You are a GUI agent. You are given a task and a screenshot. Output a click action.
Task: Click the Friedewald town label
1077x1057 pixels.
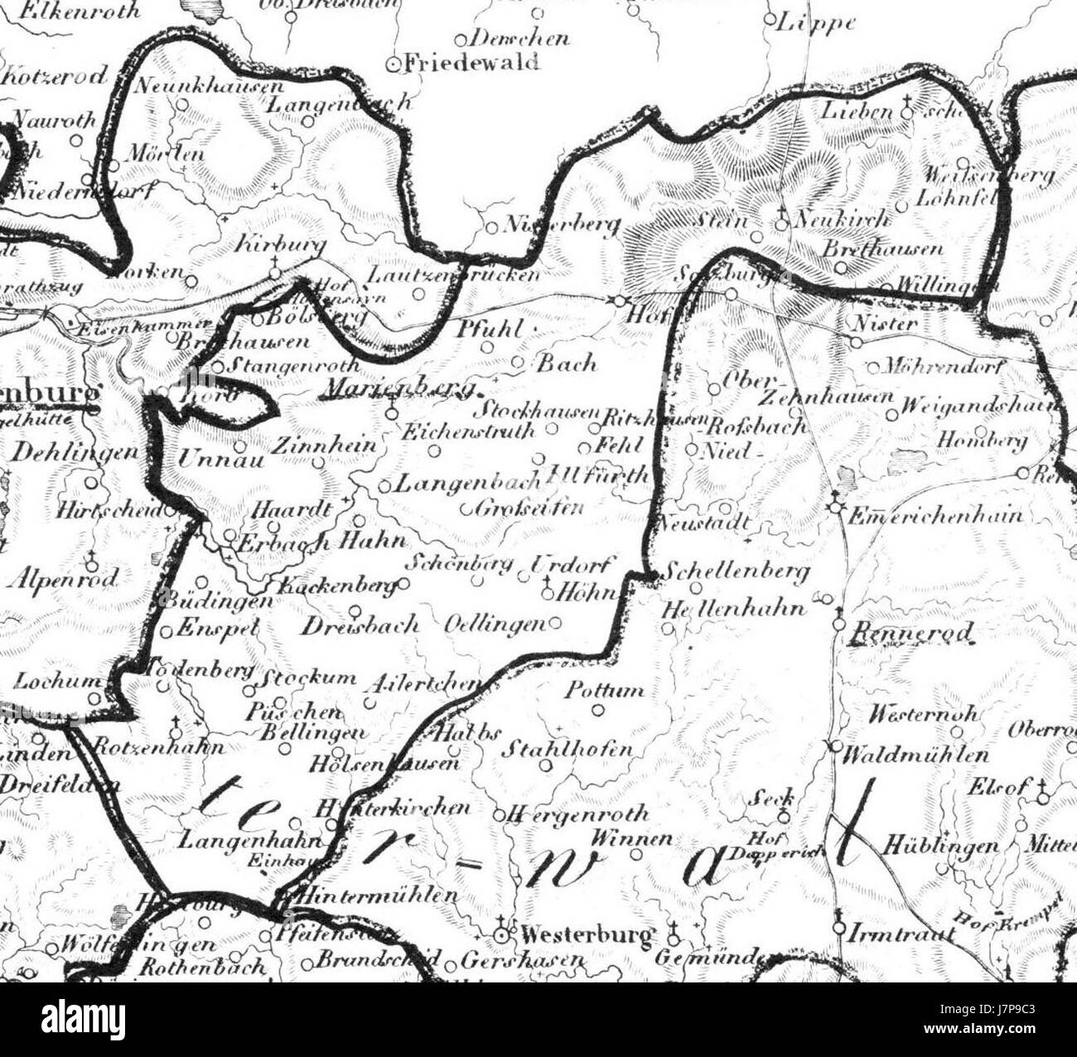[471, 62]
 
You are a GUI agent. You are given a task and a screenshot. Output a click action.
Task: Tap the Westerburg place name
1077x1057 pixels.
[585, 936]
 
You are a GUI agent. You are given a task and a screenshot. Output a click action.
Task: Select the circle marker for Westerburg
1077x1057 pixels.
[500, 935]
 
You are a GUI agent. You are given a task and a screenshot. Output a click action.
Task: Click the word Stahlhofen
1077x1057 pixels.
[567, 750]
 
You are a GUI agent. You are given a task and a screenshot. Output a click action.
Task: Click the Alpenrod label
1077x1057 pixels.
[64, 577]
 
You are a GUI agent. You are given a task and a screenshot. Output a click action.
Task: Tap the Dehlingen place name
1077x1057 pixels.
[75, 452]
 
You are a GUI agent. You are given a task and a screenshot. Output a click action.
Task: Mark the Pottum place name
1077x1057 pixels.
[605, 689]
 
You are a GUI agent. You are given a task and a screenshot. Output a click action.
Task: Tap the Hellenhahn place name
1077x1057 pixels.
[733, 609]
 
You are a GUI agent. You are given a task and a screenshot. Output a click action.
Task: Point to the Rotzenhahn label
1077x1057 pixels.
[158, 746]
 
